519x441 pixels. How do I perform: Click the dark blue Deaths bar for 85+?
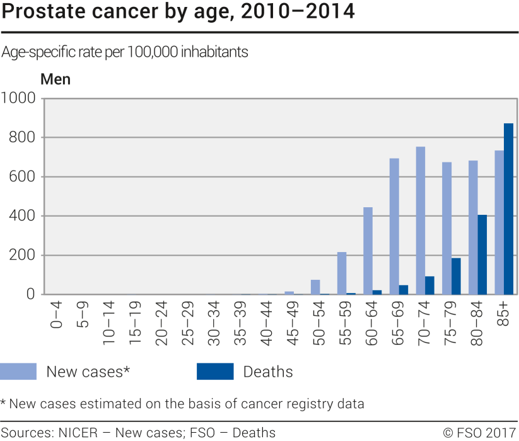coord(508,209)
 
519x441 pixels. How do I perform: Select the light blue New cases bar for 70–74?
coord(421,220)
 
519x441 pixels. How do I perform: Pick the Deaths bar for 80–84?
coord(482,255)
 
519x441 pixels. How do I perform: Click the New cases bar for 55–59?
coord(342,273)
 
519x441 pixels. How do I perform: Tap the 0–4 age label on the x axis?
coord(57,315)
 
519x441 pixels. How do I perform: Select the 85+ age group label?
coord(504,314)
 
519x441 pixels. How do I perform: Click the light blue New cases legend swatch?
coord(18,372)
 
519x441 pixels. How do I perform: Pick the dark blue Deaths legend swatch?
coord(215,372)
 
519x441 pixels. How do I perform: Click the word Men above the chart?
coord(55,80)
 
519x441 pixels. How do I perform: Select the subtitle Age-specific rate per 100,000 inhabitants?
coord(125,52)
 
